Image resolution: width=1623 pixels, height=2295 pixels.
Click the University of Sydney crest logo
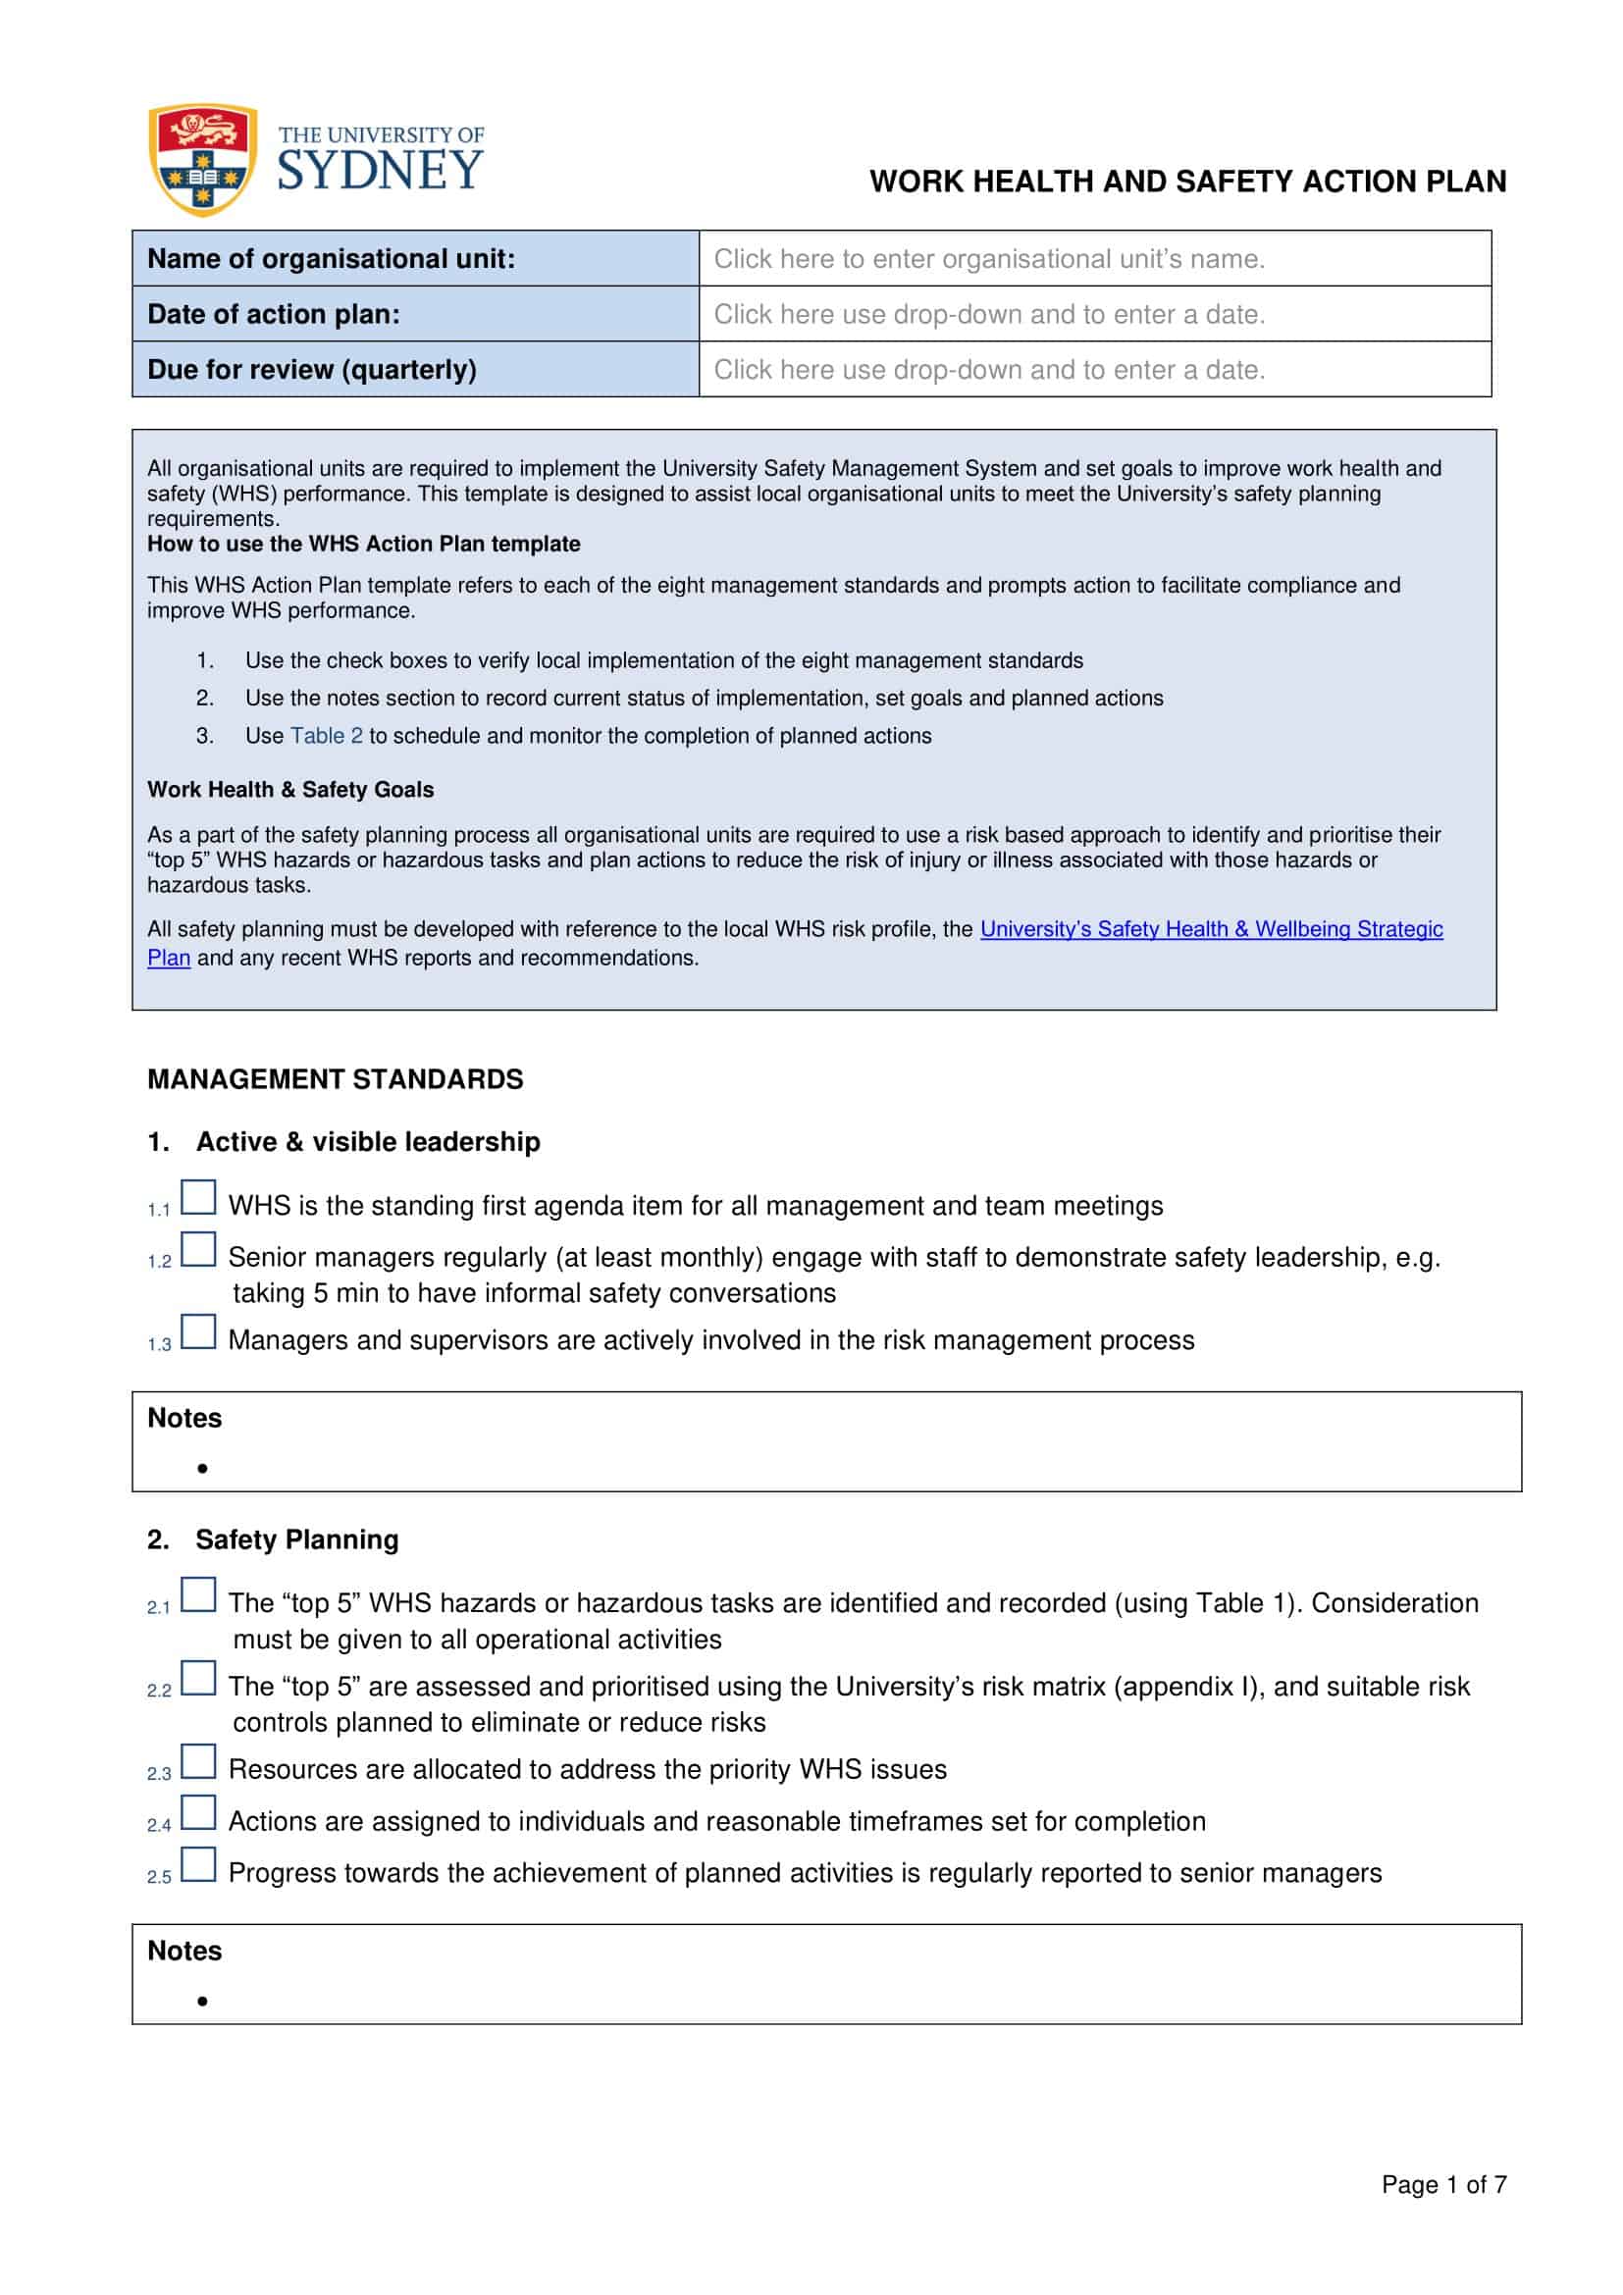(x=203, y=159)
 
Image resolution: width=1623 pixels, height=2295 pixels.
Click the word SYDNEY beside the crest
(x=380, y=171)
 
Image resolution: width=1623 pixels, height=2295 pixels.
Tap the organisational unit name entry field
(x=1094, y=259)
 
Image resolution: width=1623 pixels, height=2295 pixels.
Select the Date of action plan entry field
(x=1094, y=314)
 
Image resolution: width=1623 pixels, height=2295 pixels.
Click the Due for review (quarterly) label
(x=312, y=370)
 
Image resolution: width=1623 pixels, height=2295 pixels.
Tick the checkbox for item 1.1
(x=198, y=1197)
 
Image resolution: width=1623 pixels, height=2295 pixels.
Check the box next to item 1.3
(x=198, y=1331)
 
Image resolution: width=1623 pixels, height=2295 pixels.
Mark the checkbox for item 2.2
(x=198, y=1677)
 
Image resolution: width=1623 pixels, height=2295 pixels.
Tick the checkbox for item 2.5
(x=198, y=1864)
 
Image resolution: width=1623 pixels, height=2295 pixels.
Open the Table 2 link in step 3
(x=326, y=736)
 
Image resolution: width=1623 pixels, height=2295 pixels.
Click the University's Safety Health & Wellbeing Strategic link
(x=1210, y=928)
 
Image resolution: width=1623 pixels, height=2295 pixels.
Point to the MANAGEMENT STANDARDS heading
(x=335, y=1079)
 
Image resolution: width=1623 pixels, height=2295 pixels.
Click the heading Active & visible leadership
(x=367, y=1141)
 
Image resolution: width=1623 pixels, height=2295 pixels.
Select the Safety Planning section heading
(x=295, y=1539)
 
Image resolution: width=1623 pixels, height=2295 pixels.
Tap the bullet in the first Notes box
(x=203, y=1469)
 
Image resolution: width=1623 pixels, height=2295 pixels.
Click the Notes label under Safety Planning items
(x=184, y=1951)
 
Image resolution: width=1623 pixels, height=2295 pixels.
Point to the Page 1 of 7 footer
(x=1443, y=2185)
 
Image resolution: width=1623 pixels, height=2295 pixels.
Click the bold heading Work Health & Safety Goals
(x=289, y=790)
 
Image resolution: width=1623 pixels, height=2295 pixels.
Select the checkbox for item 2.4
(x=198, y=1812)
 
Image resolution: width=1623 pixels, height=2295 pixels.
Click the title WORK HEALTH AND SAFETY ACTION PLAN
(x=1187, y=182)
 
